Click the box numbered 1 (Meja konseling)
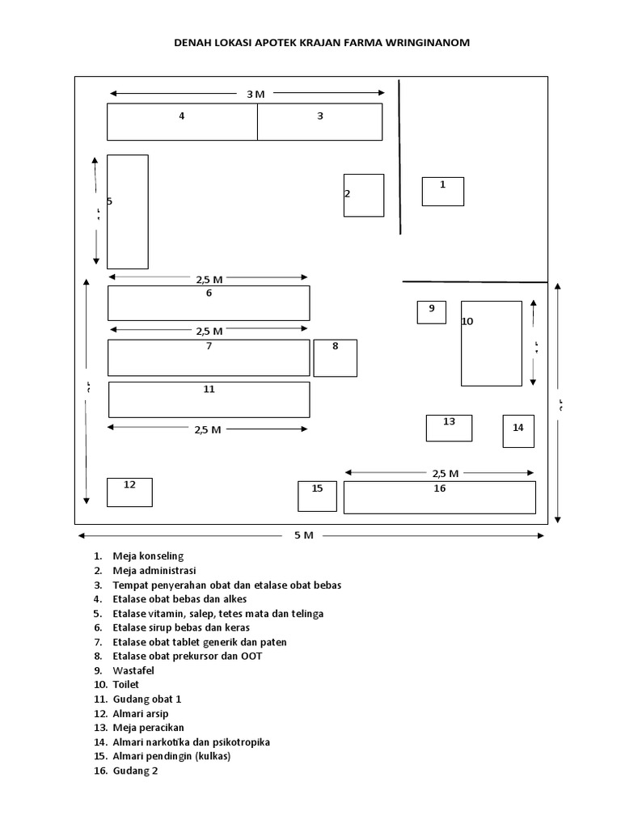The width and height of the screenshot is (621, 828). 443,192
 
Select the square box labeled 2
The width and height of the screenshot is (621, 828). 364,195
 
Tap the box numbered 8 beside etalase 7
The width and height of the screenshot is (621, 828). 335,357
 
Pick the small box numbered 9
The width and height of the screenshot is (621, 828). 432,311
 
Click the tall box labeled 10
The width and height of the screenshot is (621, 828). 492,343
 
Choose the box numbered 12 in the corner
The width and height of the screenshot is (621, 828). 129,492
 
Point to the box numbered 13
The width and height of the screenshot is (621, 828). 449,427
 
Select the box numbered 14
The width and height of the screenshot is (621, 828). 518,430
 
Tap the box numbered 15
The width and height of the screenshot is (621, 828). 317,496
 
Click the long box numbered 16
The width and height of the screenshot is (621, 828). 440,496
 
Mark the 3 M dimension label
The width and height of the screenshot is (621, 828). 256,94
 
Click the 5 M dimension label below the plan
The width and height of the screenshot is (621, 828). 303,535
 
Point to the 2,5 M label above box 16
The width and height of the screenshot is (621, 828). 445,473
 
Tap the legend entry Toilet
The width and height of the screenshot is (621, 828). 127,684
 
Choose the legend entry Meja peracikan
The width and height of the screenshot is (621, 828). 149,728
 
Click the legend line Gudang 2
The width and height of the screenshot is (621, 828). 135,771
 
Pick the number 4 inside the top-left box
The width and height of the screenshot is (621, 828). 182,116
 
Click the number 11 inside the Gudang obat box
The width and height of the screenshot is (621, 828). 209,389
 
